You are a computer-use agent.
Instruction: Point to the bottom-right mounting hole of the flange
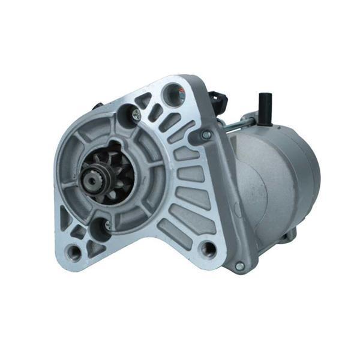208,247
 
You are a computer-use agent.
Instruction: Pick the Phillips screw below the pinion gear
107,225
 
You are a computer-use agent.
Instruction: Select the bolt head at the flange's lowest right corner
239,265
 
